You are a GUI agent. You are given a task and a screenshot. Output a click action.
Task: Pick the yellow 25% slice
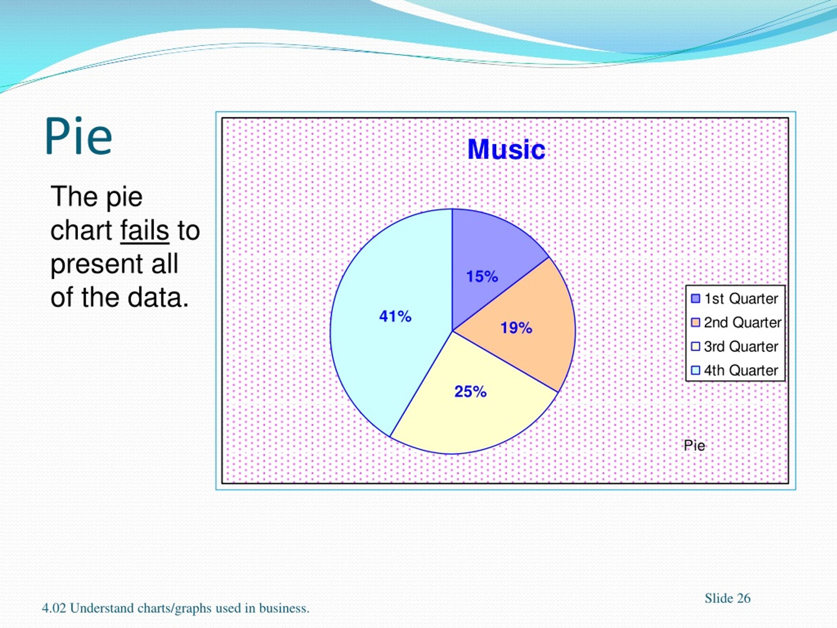[x=469, y=401]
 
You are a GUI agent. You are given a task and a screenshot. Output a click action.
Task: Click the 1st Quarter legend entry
[x=734, y=299]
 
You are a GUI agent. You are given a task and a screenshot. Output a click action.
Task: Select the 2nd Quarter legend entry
[x=736, y=323]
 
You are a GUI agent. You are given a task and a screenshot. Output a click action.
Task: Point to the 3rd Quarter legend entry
[x=734, y=346]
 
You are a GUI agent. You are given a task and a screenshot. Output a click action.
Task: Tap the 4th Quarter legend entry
[x=734, y=370]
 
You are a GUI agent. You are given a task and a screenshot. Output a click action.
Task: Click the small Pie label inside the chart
[x=694, y=445]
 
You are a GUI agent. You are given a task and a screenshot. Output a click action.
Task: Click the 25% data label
[x=470, y=392]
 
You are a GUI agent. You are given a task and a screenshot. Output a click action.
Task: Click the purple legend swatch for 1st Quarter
[x=695, y=299]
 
